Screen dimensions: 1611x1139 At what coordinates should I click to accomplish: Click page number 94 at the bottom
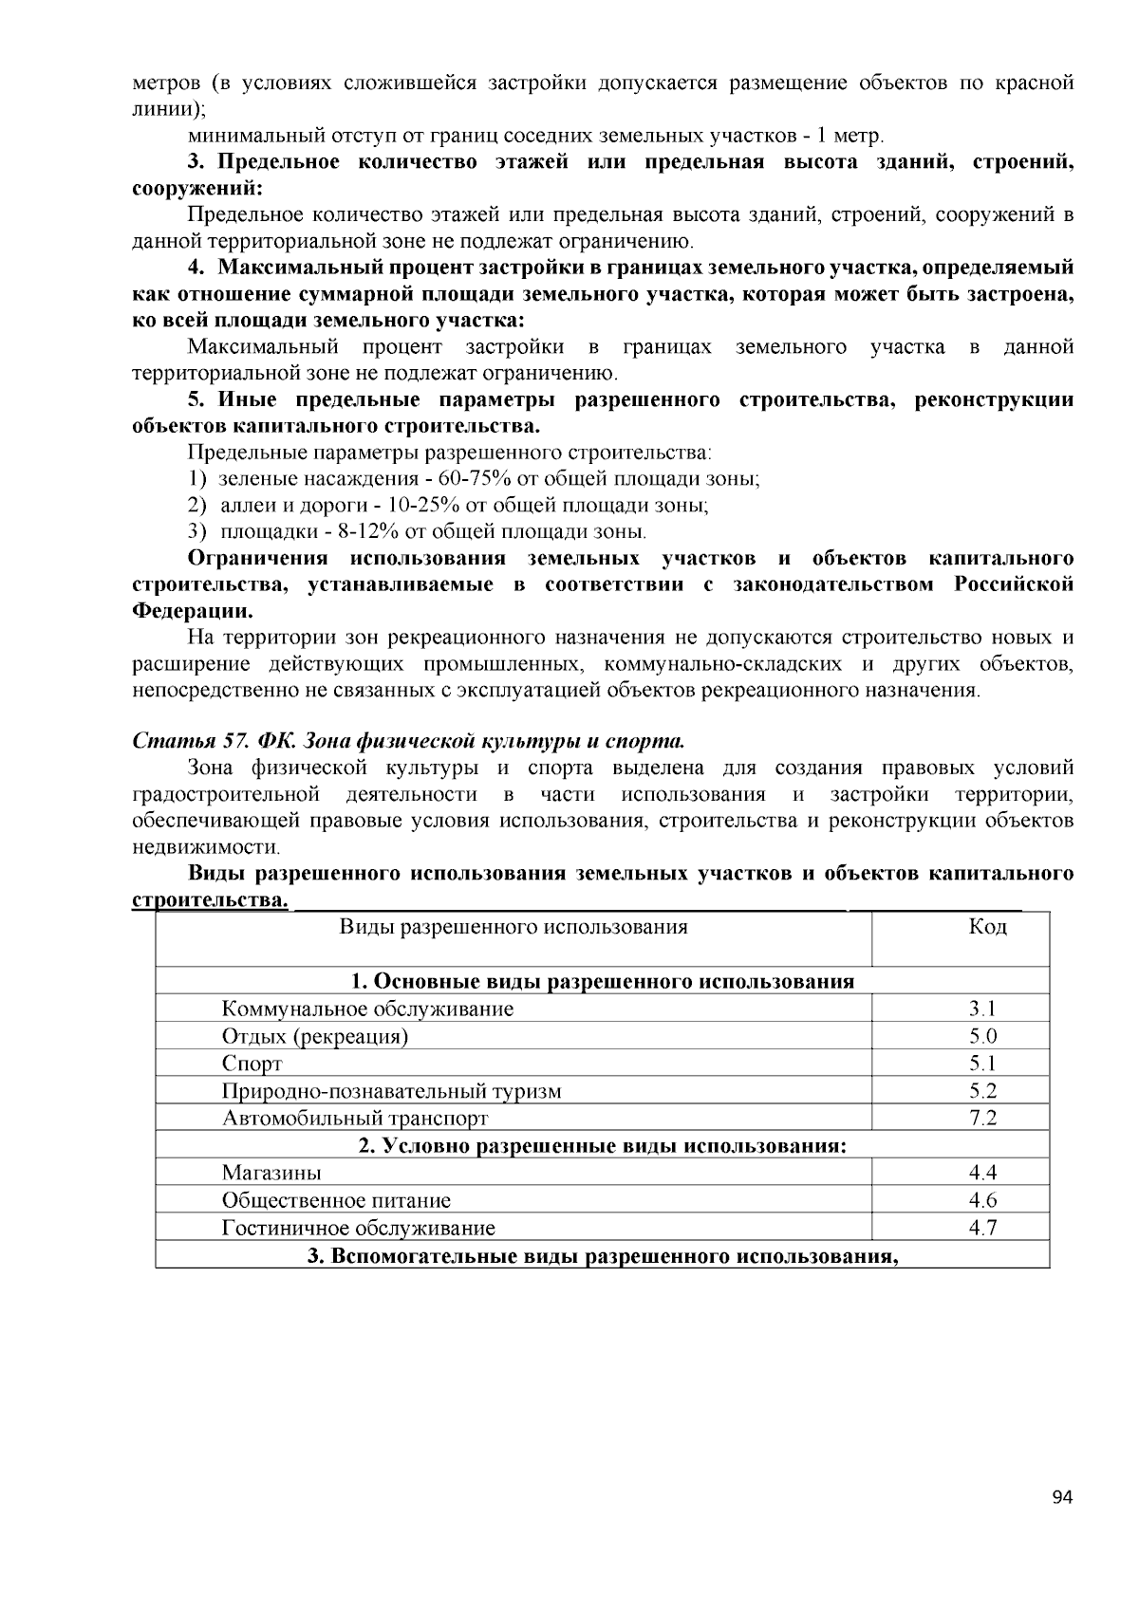point(1062,1498)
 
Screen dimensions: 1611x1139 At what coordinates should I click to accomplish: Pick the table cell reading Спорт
point(252,1064)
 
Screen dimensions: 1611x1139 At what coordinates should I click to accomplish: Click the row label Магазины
point(271,1174)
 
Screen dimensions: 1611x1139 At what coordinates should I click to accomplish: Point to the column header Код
point(987,927)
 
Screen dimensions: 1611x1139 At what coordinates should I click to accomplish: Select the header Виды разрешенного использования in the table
point(513,927)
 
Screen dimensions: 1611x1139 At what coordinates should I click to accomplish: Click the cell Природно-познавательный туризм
point(391,1091)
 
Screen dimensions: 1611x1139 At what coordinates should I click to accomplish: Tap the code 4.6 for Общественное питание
point(982,1200)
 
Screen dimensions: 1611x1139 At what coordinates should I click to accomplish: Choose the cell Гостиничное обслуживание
point(358,1229)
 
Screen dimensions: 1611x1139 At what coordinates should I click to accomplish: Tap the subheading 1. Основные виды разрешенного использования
point(602,981)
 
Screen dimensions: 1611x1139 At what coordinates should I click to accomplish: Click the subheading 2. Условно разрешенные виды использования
point(602,1146)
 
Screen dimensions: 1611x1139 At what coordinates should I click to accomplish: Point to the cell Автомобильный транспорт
point(355,1119)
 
